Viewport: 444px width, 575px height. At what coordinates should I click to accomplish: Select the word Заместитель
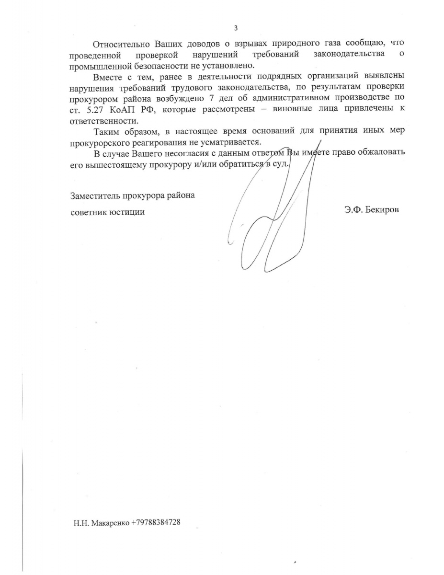tap(94, 196)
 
